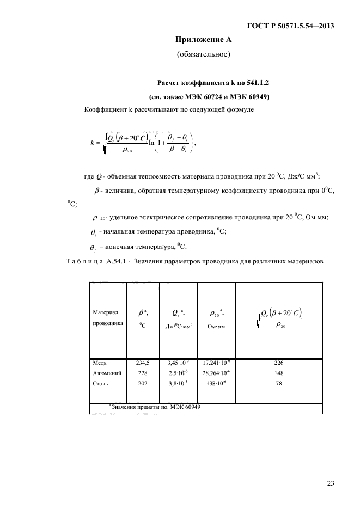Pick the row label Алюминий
tap(107, 373)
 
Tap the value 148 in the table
tap(280, 373)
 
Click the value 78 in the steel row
tap(280, 384)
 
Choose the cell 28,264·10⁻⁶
tap(217, 373)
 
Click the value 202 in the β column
tap(142, 384)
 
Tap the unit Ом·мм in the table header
tap(216, 327)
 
